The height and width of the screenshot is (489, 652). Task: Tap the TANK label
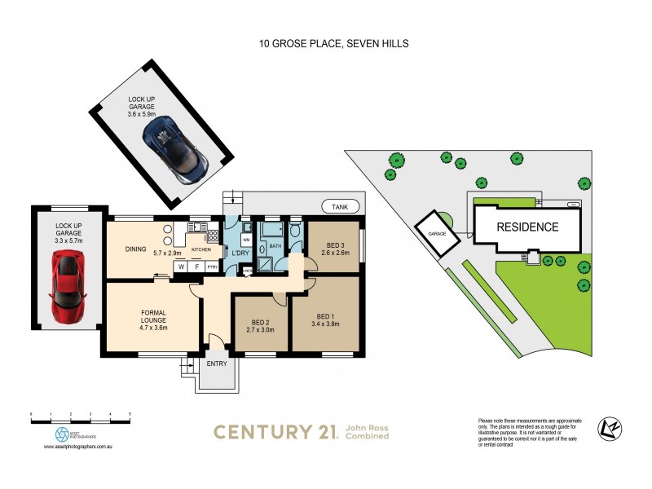click(x=338, y=207)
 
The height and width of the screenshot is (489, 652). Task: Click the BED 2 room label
click(x=260, y=323)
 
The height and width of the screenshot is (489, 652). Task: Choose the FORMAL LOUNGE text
click(x=153, y=315)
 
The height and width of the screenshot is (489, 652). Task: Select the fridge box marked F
click(x=196, y=267)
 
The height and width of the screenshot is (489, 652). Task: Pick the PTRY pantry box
click(x=212, y=267)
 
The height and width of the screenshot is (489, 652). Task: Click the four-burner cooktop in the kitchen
click(x=214, y=236)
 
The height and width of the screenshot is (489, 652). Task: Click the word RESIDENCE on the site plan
click(x=528, y=227)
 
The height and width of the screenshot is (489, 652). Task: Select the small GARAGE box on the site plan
click(x=433, y=232)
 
